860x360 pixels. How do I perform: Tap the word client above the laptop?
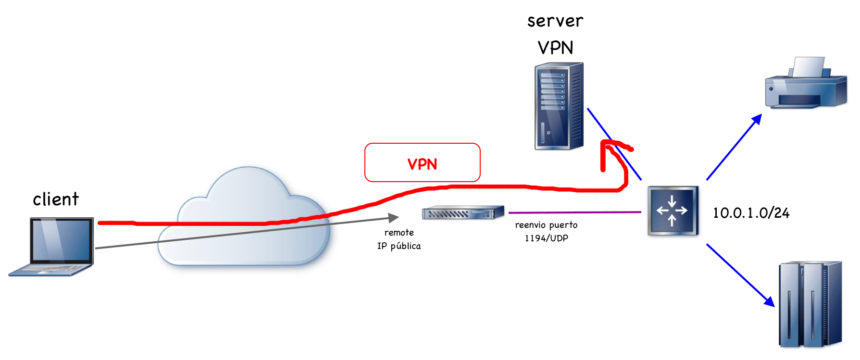56,199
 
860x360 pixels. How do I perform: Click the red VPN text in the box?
422,164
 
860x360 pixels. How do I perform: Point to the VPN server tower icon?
559,106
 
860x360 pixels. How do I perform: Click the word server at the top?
555,21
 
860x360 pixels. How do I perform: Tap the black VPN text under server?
555,48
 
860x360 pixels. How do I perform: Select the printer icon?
806,84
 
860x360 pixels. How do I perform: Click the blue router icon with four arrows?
673,211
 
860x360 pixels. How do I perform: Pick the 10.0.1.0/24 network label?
751,213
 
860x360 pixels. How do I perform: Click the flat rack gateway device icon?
462,212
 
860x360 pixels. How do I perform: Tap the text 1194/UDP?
546,238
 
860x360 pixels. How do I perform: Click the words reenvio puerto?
546,225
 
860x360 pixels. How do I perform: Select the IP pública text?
399,246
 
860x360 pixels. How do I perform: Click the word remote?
399,233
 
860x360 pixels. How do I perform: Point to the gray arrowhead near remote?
394,218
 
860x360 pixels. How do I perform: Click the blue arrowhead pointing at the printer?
757,119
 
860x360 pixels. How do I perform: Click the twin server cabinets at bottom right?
810,304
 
